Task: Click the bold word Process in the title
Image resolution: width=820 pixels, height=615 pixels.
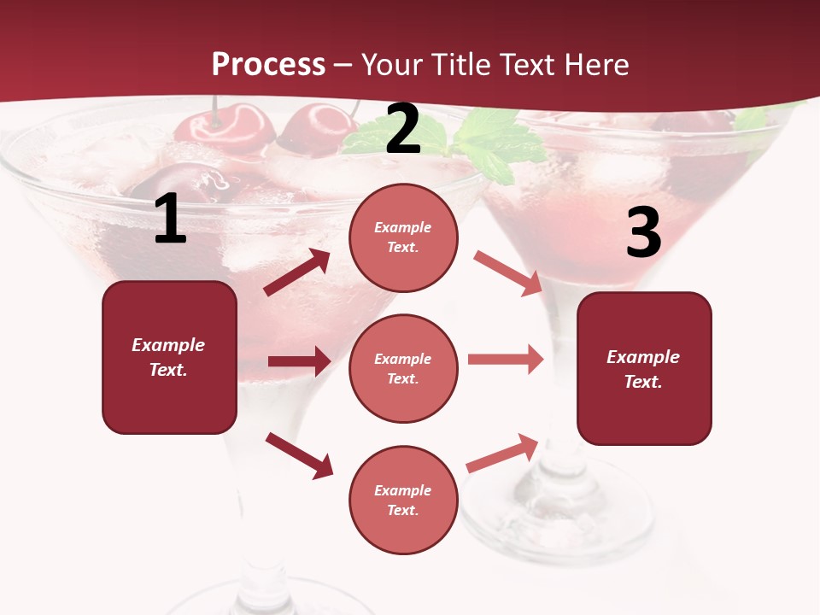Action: pyautogui.click(x=268, y=64)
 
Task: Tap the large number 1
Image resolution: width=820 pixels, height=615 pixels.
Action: pyautogui.click(x=170, y=220)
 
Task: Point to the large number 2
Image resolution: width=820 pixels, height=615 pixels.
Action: pyautogui.click(x=403, y=130)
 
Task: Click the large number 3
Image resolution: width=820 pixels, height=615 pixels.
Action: pyautogui.click(x=643, y=233)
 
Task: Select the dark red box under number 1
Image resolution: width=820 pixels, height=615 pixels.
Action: pyautogui.click(x=169, y=357)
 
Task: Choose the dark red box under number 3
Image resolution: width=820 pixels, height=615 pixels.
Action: pyautogui.click(x=644, y=368)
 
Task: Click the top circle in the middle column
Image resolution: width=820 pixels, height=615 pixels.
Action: pyautogui.click(x=403, y=237)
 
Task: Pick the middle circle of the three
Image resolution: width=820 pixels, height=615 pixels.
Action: pyautogui.click(x=403, y=368)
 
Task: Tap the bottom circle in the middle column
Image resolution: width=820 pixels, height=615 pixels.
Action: pyautogui.click(x=403, y=500)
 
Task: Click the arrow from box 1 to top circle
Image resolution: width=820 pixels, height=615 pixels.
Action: pyautogui.click(x=297, y=272)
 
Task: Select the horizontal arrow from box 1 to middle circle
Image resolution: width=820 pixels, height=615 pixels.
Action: pyautogui.click(x=299, y=361)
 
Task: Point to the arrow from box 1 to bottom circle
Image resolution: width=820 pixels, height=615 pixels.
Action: pyautogui.click(x=299, y=454)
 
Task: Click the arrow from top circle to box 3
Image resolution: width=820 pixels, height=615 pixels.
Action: pyautogui.click(x=507, y=272)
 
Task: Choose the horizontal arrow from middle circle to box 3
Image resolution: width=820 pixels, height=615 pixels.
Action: pyautogui.click(x=506, y=360)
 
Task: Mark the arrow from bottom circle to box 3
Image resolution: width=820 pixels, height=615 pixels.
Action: pyautogui.click(x=502, y=453)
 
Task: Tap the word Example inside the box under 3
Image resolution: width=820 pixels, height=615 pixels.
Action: pyautogui.click(x=643, y=357)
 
